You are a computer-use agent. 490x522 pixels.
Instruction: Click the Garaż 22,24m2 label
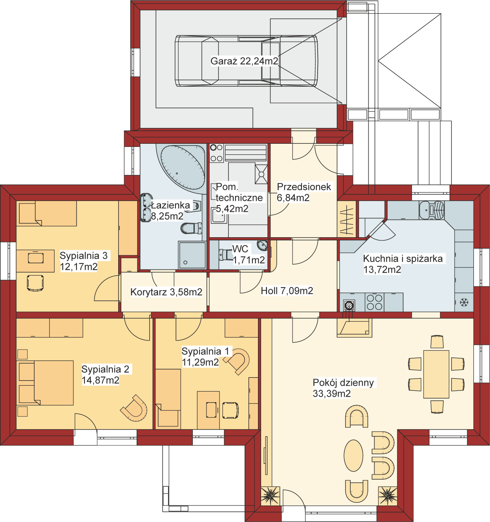(x=244, y=61)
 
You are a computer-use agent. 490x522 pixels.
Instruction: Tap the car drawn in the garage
(x=246, y=61)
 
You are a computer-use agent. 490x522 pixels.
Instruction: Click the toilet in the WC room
(x=225, y=255)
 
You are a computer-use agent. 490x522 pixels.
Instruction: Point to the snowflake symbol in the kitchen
(x=464, y=302)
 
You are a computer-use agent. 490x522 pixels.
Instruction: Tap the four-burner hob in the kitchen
(x=375, y=302)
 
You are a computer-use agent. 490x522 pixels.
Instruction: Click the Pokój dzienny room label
(x=343, y=383)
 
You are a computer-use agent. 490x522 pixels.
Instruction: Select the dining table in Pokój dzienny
(x=436, y=374)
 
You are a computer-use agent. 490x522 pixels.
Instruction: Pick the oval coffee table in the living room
(x=353, y=456)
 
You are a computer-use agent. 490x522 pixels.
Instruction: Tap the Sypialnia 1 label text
(x=205, y=351)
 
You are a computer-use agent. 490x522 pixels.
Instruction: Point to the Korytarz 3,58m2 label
(x=166, y=292)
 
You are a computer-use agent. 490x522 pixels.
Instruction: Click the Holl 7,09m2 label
(x=287, y=291)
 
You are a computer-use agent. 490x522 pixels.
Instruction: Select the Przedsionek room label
(x=304, y=187)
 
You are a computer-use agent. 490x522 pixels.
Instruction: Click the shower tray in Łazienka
(x=192, y=255)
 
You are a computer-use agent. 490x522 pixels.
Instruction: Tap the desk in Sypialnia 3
(x=35, y=261)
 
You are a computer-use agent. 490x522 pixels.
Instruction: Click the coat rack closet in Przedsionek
(x=346, y=219)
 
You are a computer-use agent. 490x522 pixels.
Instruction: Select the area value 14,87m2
(x=100, y=380)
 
